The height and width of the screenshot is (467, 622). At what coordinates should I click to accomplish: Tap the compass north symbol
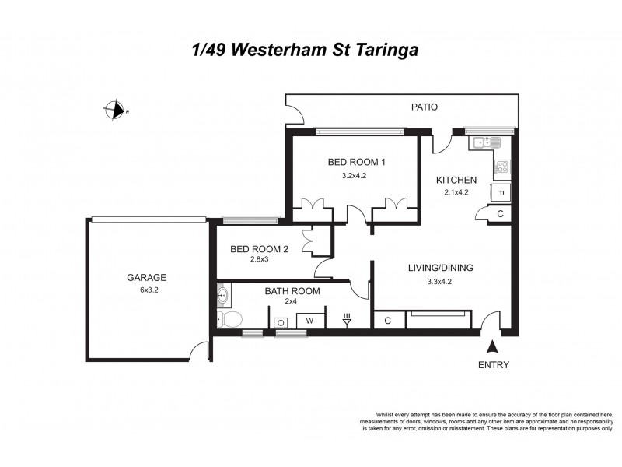click(116, 111)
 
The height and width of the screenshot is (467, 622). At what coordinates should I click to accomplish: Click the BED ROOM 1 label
click(357, 162)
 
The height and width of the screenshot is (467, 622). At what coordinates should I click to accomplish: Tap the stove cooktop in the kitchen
click(502, 167)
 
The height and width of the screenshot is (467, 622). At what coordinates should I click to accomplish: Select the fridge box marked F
click(500, 193)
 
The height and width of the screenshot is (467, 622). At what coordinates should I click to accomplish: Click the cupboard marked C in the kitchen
click(500, 214)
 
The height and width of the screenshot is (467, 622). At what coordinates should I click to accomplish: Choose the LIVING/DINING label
click(441, 268)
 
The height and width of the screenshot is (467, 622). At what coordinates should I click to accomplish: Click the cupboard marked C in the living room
click(386, 320)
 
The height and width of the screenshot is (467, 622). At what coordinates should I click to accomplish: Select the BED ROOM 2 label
click(260, 249)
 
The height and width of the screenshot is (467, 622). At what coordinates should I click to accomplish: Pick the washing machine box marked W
click(309, 320)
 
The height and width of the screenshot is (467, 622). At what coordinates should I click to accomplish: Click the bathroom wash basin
click(224, 295)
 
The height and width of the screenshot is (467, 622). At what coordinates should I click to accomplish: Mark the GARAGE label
click(147, 277)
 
